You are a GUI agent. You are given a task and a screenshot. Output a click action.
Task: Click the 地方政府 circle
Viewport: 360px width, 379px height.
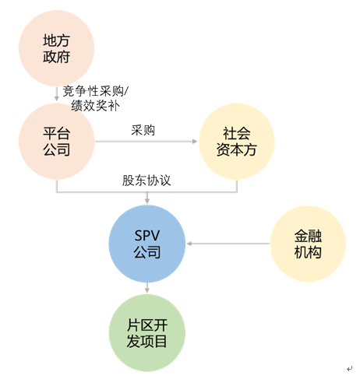coord(56,48)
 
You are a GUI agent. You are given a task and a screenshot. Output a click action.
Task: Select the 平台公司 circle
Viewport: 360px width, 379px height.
coord(56,141)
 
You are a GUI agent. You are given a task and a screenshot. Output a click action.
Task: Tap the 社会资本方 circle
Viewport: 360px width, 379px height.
coord(237,142)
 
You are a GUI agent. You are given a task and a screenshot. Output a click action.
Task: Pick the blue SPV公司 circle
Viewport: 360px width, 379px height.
coord(147,244)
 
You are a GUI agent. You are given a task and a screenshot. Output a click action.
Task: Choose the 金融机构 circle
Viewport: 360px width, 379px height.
coord(308,244)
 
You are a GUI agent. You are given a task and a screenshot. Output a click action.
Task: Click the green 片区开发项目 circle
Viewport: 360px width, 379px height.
coord(147,333)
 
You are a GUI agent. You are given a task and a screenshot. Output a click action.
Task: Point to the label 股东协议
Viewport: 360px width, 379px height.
coord(146,181)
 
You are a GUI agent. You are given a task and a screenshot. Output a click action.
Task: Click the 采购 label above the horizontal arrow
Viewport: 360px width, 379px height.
coord(143,130)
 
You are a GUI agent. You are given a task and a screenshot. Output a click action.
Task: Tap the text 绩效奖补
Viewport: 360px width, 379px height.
coord(96,106)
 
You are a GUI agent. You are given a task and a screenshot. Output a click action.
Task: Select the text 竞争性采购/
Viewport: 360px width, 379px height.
coord(96,91)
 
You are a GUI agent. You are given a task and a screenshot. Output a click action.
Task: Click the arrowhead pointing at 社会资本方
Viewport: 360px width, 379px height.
coord(195,142)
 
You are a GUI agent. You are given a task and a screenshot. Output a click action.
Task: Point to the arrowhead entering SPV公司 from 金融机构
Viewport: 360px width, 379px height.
coord(189,244)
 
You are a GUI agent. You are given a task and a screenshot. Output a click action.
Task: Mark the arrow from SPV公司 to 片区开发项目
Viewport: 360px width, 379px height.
coord(147,288)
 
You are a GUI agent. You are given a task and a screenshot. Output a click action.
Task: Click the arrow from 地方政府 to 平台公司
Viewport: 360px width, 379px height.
coord(56,94)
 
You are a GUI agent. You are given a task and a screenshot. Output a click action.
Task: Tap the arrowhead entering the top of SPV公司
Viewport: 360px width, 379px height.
coord(147,202)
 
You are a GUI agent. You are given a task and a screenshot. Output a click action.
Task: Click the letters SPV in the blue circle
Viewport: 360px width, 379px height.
coord(147,236)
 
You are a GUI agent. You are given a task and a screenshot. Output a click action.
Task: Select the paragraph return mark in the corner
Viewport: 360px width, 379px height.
coord(350,368)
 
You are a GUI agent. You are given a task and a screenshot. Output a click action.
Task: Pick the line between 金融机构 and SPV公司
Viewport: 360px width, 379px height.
coord(228,244)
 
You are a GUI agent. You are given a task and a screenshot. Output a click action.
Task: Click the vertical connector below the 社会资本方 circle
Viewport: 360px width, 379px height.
coord(237,186)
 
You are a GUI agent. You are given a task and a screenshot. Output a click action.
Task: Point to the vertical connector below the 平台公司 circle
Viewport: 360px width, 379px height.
coord(56,186)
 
